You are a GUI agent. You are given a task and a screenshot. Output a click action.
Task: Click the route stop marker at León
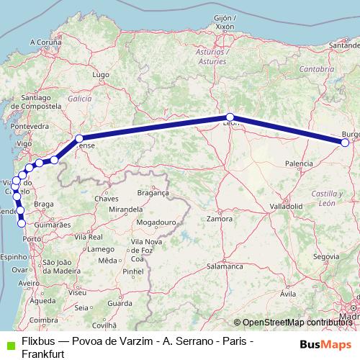click(x=230, y=117)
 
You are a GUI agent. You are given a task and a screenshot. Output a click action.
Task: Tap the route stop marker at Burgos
click(x=345, y=143)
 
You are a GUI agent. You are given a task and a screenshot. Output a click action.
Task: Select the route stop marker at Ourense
click(x=79, y=138)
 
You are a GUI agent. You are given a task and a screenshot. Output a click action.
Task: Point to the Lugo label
click(x=100, y=75)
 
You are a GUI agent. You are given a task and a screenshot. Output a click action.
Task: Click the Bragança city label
click(x=153, y=193)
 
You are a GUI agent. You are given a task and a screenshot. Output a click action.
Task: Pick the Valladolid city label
click(x=286, y=206)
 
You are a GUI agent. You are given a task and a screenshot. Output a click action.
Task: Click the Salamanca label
click(x=225, y=266)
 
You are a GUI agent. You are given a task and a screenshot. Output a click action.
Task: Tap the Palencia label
click(x=299, y=164)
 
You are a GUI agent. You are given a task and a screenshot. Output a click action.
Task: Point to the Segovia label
click(x=326, y=256)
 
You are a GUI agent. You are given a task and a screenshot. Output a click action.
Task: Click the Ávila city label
click(x=288, y=294)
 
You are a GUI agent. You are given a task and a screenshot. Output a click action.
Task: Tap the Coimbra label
click(x=44, y=320)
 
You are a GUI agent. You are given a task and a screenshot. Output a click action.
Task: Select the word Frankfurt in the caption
click(x=45, y=354)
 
